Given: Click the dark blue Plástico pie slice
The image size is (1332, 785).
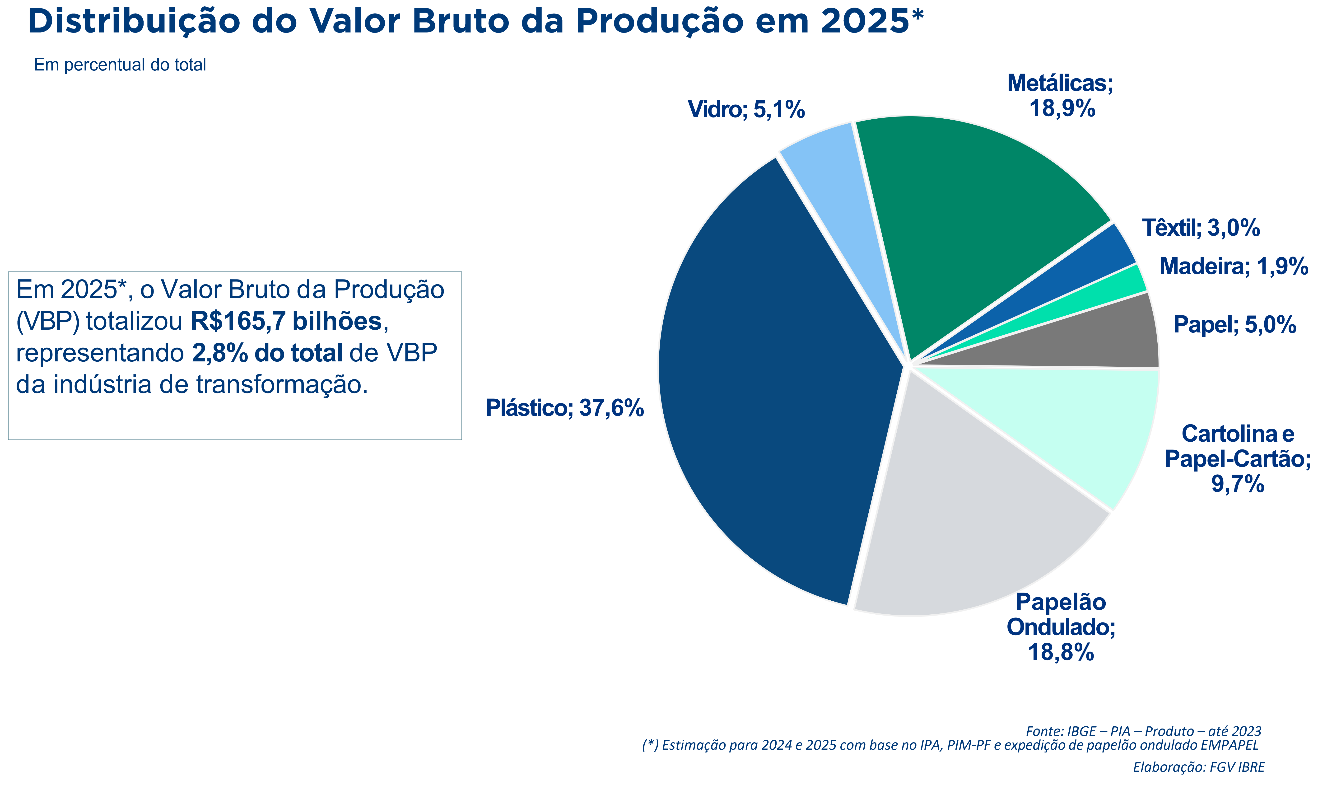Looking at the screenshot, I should [x=777, y=381].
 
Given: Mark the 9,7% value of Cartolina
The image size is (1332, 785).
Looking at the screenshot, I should [x=1237, y=484].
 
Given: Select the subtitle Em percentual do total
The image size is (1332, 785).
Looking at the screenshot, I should [x=120, y=65].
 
